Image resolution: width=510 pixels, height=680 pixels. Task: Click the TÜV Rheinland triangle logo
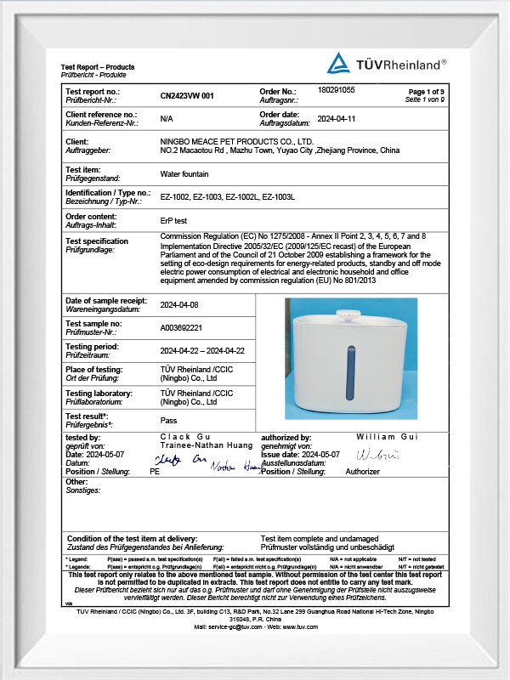(339, 62)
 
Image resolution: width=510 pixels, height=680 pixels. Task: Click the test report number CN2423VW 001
(187, 96)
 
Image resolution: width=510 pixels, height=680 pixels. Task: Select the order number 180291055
(336, 89)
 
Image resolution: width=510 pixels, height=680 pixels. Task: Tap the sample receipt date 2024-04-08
(179, 303)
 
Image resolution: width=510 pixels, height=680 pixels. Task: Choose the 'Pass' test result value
(168, 420)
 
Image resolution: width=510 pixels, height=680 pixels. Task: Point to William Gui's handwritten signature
(375, 455)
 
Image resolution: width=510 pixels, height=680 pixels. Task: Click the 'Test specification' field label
(97, 241)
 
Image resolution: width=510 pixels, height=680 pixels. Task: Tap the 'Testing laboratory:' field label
(99, 394)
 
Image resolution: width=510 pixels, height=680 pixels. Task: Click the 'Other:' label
(76, 482)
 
